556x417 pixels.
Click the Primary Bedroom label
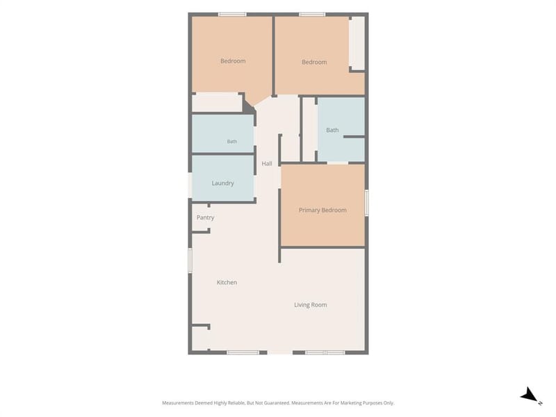(322, 211)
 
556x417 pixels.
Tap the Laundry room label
(222, 183)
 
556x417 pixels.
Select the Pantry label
(205, 218)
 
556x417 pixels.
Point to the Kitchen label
(227, 282)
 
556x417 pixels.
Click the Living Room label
(311, 305)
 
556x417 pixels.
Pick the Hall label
(267, 163)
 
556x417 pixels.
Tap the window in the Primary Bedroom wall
(367, 202)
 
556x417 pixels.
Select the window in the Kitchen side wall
(190, 261)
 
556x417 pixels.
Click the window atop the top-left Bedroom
(232, 15)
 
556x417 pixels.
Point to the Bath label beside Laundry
(232, 142)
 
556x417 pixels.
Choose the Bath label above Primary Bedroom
(332, 130)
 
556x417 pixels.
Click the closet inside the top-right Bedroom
(357, 43)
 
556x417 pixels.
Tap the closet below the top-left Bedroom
(217, 102)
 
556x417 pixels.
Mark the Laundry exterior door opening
(190, 186)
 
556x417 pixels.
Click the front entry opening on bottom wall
(280, 352)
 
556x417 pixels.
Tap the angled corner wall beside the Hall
(250, 107)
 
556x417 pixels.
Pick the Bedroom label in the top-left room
(233, 61)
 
